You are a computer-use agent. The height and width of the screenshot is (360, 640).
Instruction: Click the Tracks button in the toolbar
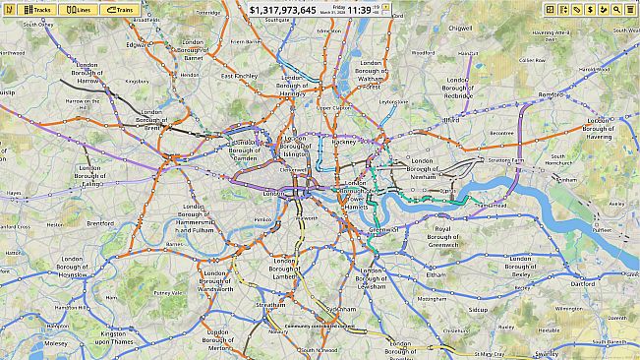pyautogui.click(x=35, y=9)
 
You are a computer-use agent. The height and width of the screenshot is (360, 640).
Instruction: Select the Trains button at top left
pyautogui.click(x=120, y=9)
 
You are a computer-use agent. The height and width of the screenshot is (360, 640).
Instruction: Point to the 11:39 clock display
pyautogui.click(x=359, y=10)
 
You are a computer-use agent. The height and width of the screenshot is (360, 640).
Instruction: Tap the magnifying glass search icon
pyautogui.click(x=616, y=9)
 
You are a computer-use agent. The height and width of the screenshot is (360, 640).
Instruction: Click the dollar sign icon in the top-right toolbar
pyautogui.click(x=590, y=9)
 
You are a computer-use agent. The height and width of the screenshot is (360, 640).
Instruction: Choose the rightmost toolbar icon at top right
pyautogui.click(x=629, y=9)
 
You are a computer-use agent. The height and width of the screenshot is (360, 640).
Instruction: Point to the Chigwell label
pyautogui.click(x=460, y=30)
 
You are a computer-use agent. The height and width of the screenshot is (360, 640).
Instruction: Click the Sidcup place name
pyautogui.click(x=478, y=310)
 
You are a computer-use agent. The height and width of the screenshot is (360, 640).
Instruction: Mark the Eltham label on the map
pyautogui.click(x=436, y=275)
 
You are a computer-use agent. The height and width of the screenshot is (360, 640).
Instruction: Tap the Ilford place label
pyautogui.click(x=451, y=120)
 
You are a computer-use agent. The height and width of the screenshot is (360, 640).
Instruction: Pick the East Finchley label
pyautogui.click(x=240, y=76)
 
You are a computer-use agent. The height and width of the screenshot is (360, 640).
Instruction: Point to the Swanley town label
pyautogui.click(x=548, y=353)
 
